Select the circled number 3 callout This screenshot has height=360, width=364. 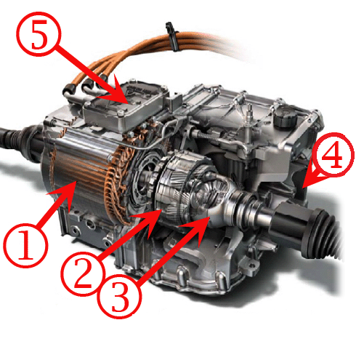pyautogui.click(x=119, y=296)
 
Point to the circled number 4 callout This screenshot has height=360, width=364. pyautogui.click(x=332, y=154)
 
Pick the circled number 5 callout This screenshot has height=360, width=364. pyautogui.click(x=39, y=34)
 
